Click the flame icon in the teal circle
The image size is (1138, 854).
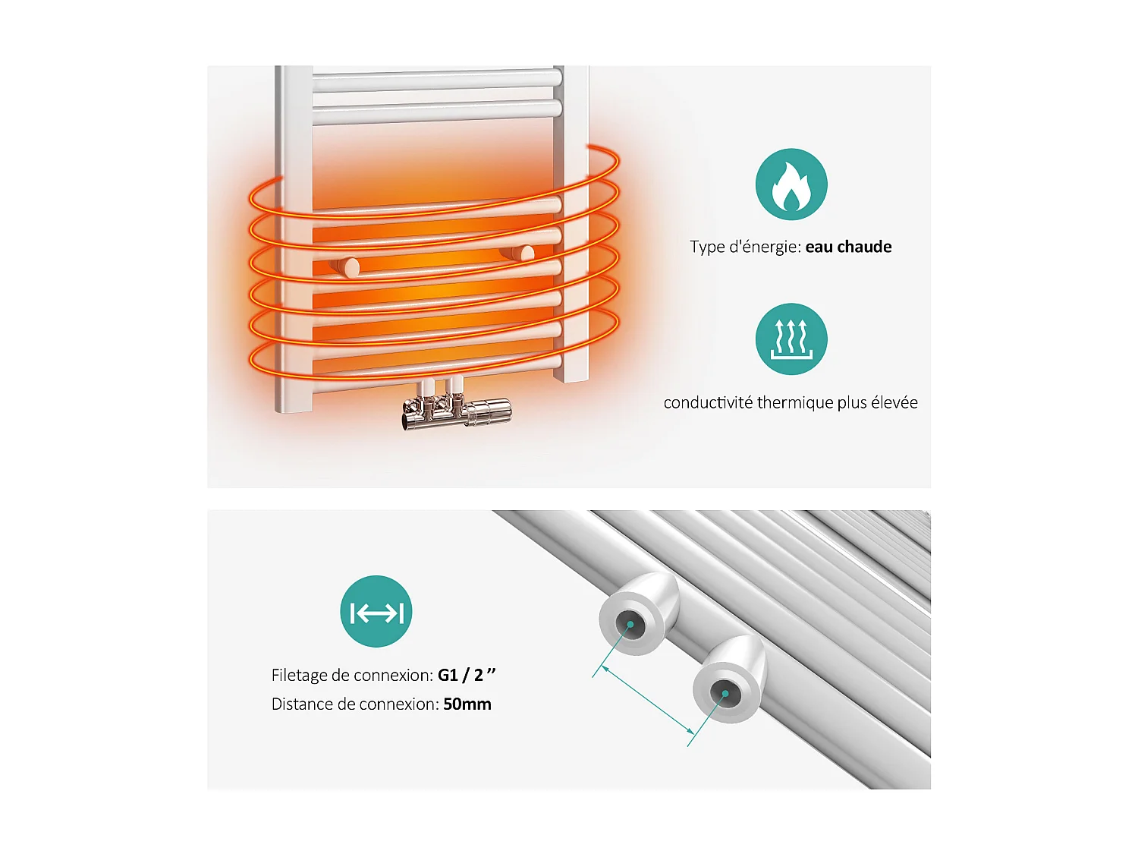coord(791,184)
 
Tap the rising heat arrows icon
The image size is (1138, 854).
coord(791,339)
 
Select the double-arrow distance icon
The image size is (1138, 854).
coord(376,612)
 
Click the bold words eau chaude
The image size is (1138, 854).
coord(848,247)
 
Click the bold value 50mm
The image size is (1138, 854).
coord(467,704)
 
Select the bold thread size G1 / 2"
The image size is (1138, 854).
coord(467,675)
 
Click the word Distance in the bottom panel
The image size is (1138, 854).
coord(302,704)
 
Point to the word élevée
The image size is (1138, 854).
coord(894,402)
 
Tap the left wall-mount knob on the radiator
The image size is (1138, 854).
coord(348,266)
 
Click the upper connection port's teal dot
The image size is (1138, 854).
coord(630,625)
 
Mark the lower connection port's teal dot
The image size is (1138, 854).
coord(725,693)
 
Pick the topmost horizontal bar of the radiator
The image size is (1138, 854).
coord(436,77)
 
